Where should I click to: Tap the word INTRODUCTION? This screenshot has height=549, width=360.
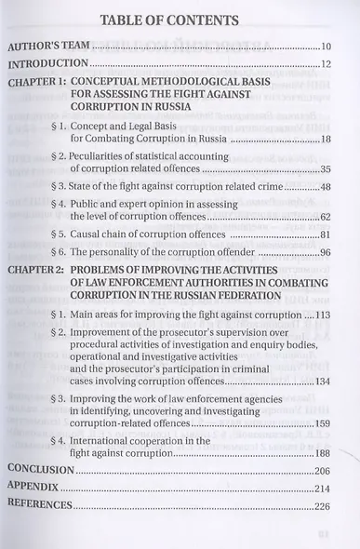coord(48,64)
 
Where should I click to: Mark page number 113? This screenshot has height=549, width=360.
coord(321,315)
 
